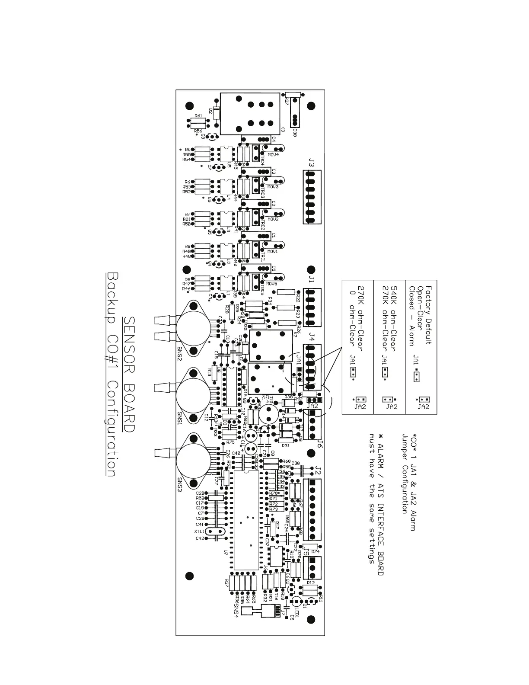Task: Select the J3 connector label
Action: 312,163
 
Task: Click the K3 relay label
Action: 283,129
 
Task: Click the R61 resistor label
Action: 198,116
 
